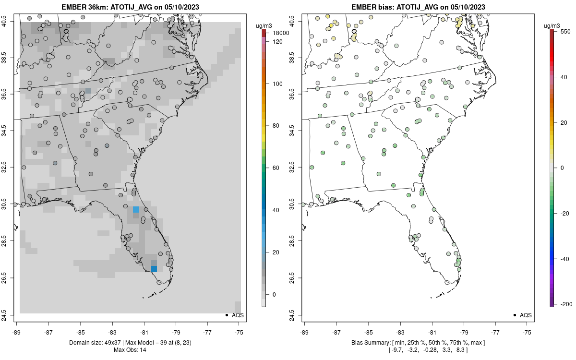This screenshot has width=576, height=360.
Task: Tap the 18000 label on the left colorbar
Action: tap(281, 33)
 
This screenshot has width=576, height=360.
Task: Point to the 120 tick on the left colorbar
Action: tap(277, 42)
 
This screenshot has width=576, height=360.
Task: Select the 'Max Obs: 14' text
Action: tap(130, 350)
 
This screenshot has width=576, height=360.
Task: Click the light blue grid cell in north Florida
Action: tap(136, 209)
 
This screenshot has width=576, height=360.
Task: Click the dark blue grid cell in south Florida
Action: tap(154, 269)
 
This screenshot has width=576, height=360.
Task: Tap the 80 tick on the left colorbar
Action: tap(277, 126)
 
